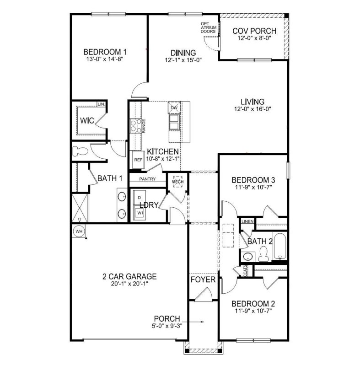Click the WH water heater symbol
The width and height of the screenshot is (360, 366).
(79, 231)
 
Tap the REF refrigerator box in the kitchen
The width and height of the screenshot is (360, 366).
(138, 160)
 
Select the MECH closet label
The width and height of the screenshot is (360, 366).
(177, 182)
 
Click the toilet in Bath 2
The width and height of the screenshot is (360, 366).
(263, 251)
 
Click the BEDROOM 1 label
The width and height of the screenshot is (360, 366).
(105, 52)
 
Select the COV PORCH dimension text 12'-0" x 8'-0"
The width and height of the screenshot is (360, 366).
(254, 39)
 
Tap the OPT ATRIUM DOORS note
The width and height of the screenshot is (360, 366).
(208, 28)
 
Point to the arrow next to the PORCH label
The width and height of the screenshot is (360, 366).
(194, 322)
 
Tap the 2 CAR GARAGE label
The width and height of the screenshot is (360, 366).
(129, 276)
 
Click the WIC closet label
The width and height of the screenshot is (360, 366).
(87, 121)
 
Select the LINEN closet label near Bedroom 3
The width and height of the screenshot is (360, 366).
(247, 221)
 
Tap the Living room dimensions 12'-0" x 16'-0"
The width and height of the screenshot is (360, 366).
(253, 109)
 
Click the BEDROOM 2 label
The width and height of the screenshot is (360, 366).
(253, 303)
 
